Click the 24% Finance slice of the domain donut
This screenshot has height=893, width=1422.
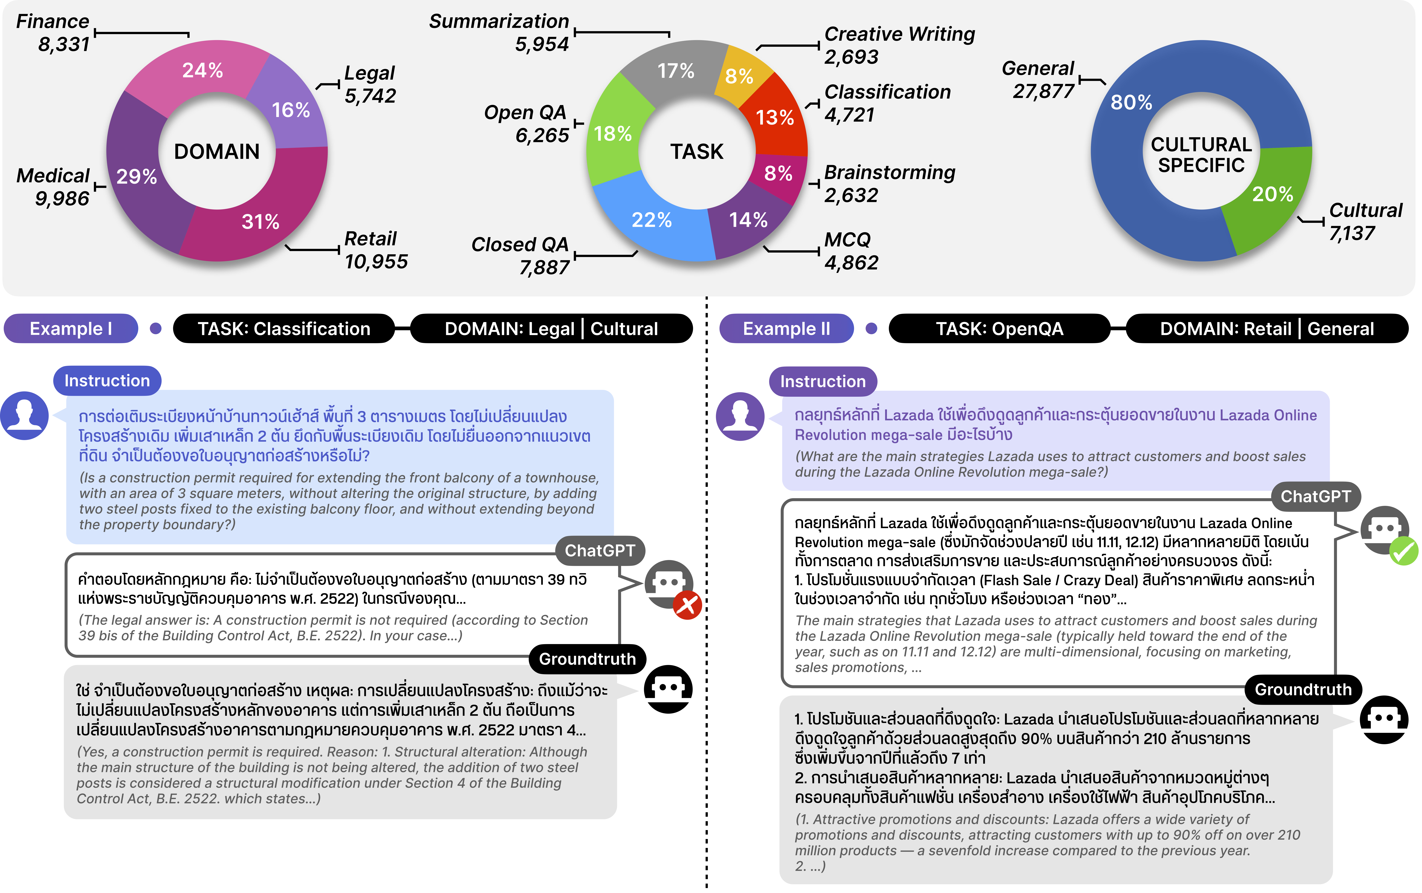click(x=201, y=70)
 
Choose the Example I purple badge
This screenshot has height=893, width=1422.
click(x=71, y=328)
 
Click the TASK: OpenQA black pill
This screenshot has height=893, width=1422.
click(x=999, y=328)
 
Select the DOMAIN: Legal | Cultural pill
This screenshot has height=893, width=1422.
click(x=551, y=328)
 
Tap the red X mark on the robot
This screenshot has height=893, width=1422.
click(x=687, y=605)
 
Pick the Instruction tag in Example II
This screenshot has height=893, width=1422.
click(x=823, y=382)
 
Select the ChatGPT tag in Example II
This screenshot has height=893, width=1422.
click(x=1316, y=496)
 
